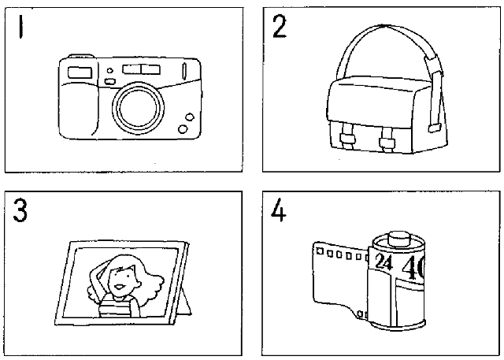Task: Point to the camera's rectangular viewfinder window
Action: click(79, 73)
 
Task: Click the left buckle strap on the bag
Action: click(347, 139)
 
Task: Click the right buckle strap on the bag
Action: click(387, 141)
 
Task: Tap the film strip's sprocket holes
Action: click(339, 254)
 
